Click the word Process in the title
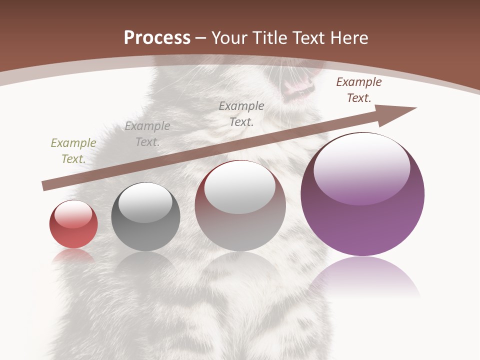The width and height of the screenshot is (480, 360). tap(157, 38)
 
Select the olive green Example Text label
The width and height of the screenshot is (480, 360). tap(73, 151)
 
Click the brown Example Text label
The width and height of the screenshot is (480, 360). tap(359, 90)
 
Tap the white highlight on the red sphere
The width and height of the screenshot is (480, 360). tap(73, 214)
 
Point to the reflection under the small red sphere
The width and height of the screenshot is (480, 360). tap(73, 256)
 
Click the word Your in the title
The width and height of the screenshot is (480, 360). tap(229, 38)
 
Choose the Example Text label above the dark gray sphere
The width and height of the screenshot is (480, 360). tap(147, 134)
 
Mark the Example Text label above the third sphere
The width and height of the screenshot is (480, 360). tap(241, 113)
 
